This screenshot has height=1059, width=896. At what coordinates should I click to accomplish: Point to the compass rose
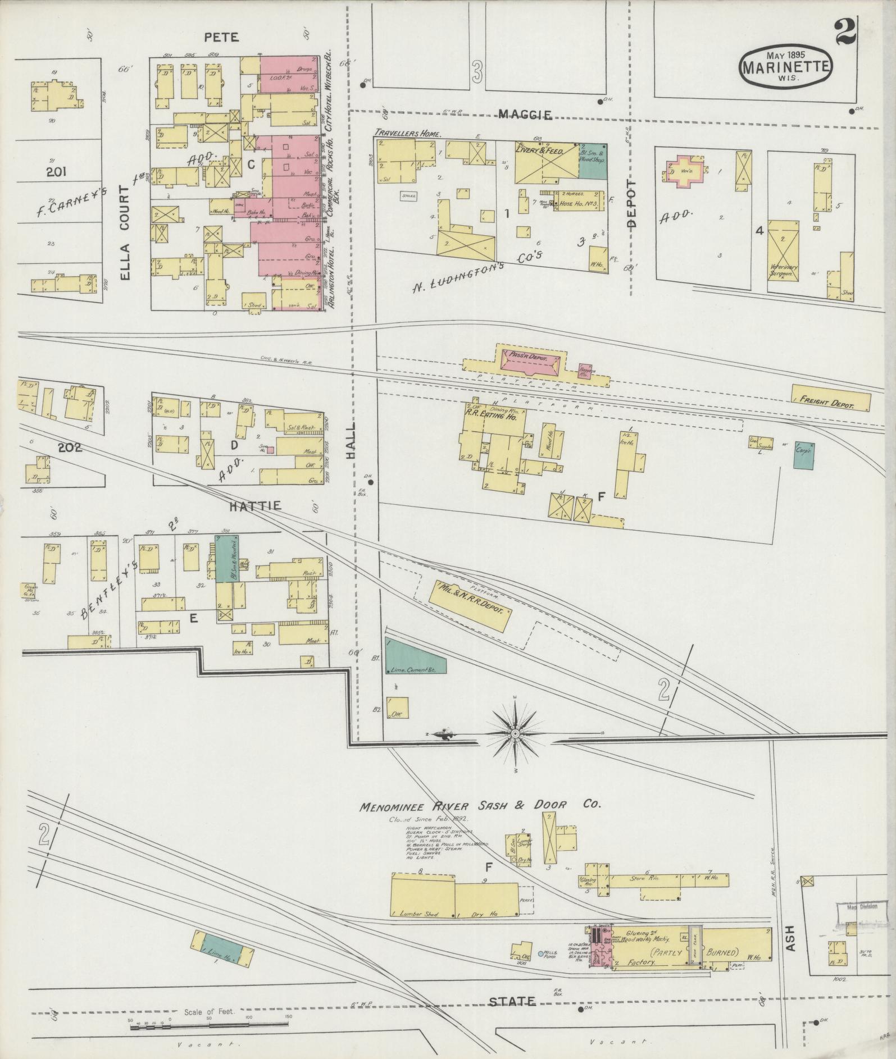click(x=515, y=733)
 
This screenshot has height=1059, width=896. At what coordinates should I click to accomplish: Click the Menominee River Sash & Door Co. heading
click(x=480, y=805)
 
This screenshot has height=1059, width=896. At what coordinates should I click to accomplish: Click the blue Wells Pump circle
click(x=540, y=953)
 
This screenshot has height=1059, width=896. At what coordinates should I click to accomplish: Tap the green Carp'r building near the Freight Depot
click(x=803, y=456)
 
